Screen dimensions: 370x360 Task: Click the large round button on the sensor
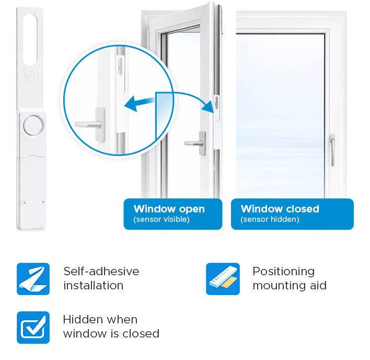(33, 126)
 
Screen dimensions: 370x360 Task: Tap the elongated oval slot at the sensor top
(30, 39)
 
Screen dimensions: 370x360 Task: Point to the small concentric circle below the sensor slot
(30, 75)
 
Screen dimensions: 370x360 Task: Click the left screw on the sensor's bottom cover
(24, 203)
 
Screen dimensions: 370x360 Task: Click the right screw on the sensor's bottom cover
(43, 202)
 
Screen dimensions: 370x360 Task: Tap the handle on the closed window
(332, 150)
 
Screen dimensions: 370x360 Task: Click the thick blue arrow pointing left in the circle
(140, 104)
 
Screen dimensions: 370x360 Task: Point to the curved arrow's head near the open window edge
(209, 107)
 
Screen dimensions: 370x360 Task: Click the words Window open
(169, 209)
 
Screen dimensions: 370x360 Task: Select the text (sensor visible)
(161, 219)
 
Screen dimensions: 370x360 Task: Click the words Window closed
(280, 209)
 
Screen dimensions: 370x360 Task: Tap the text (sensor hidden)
(270, 219)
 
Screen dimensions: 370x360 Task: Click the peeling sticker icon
(33, 279)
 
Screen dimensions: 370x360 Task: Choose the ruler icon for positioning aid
(223, 279)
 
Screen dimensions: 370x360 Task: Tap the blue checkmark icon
(33, 328)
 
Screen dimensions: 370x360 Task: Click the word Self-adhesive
(101, 271)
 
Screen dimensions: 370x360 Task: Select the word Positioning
(284, 272)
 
